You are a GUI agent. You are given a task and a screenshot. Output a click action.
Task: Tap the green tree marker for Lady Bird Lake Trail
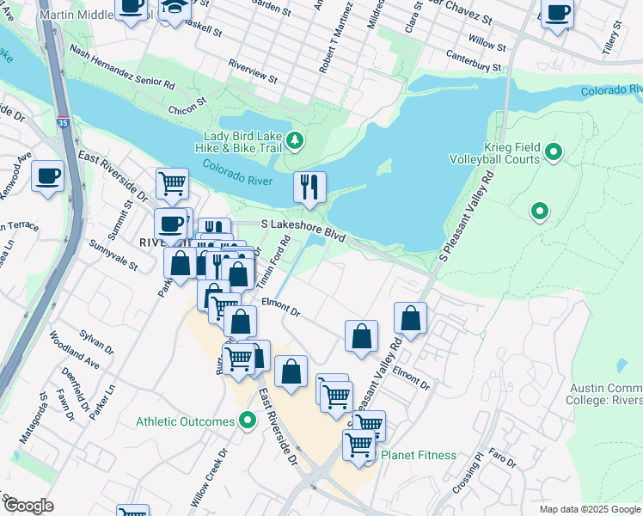[x=296, y=140]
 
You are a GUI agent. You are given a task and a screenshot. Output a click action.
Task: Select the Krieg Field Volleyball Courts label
[x=494, y=154]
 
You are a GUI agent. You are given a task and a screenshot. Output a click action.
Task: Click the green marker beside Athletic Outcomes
[x=248, y=421]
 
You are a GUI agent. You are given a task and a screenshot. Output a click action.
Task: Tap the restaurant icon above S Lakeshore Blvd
[x=309, y=186]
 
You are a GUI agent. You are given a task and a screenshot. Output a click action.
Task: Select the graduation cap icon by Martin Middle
[x=175, y=7]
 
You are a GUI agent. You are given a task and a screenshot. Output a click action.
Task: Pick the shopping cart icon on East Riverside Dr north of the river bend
[x=172, y=182]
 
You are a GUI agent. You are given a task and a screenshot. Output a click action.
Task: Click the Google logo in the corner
[x=28, y=506]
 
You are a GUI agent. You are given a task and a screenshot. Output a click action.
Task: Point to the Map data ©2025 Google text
[x=589, y=509]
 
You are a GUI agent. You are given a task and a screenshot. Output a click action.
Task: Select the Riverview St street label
[x=253, y=71]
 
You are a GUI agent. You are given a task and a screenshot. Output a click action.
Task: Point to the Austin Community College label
[x=604, y=393]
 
